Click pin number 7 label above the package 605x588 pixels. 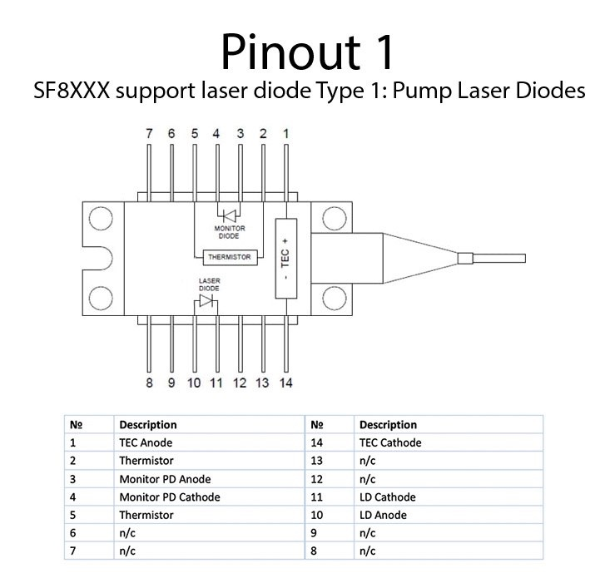click(149, 133)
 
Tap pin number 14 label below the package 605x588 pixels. click(285, 383)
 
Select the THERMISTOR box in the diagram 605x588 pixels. click(231, 257)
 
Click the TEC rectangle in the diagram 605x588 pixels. click(285, 258)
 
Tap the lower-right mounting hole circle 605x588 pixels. click(333, 297)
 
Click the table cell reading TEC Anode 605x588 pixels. click(146, 442)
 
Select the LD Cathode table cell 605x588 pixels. click(387, 497)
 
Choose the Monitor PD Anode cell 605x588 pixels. click(165, 479)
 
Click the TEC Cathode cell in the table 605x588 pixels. click(390, 442)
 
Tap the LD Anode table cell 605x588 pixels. click(383, 516)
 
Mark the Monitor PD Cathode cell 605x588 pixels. click(169, 497)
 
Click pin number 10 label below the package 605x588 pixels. click(194, 383)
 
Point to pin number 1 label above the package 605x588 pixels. click(287, 133)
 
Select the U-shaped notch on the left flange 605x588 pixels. click(98, 258)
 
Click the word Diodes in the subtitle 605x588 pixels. click(550, 91)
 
